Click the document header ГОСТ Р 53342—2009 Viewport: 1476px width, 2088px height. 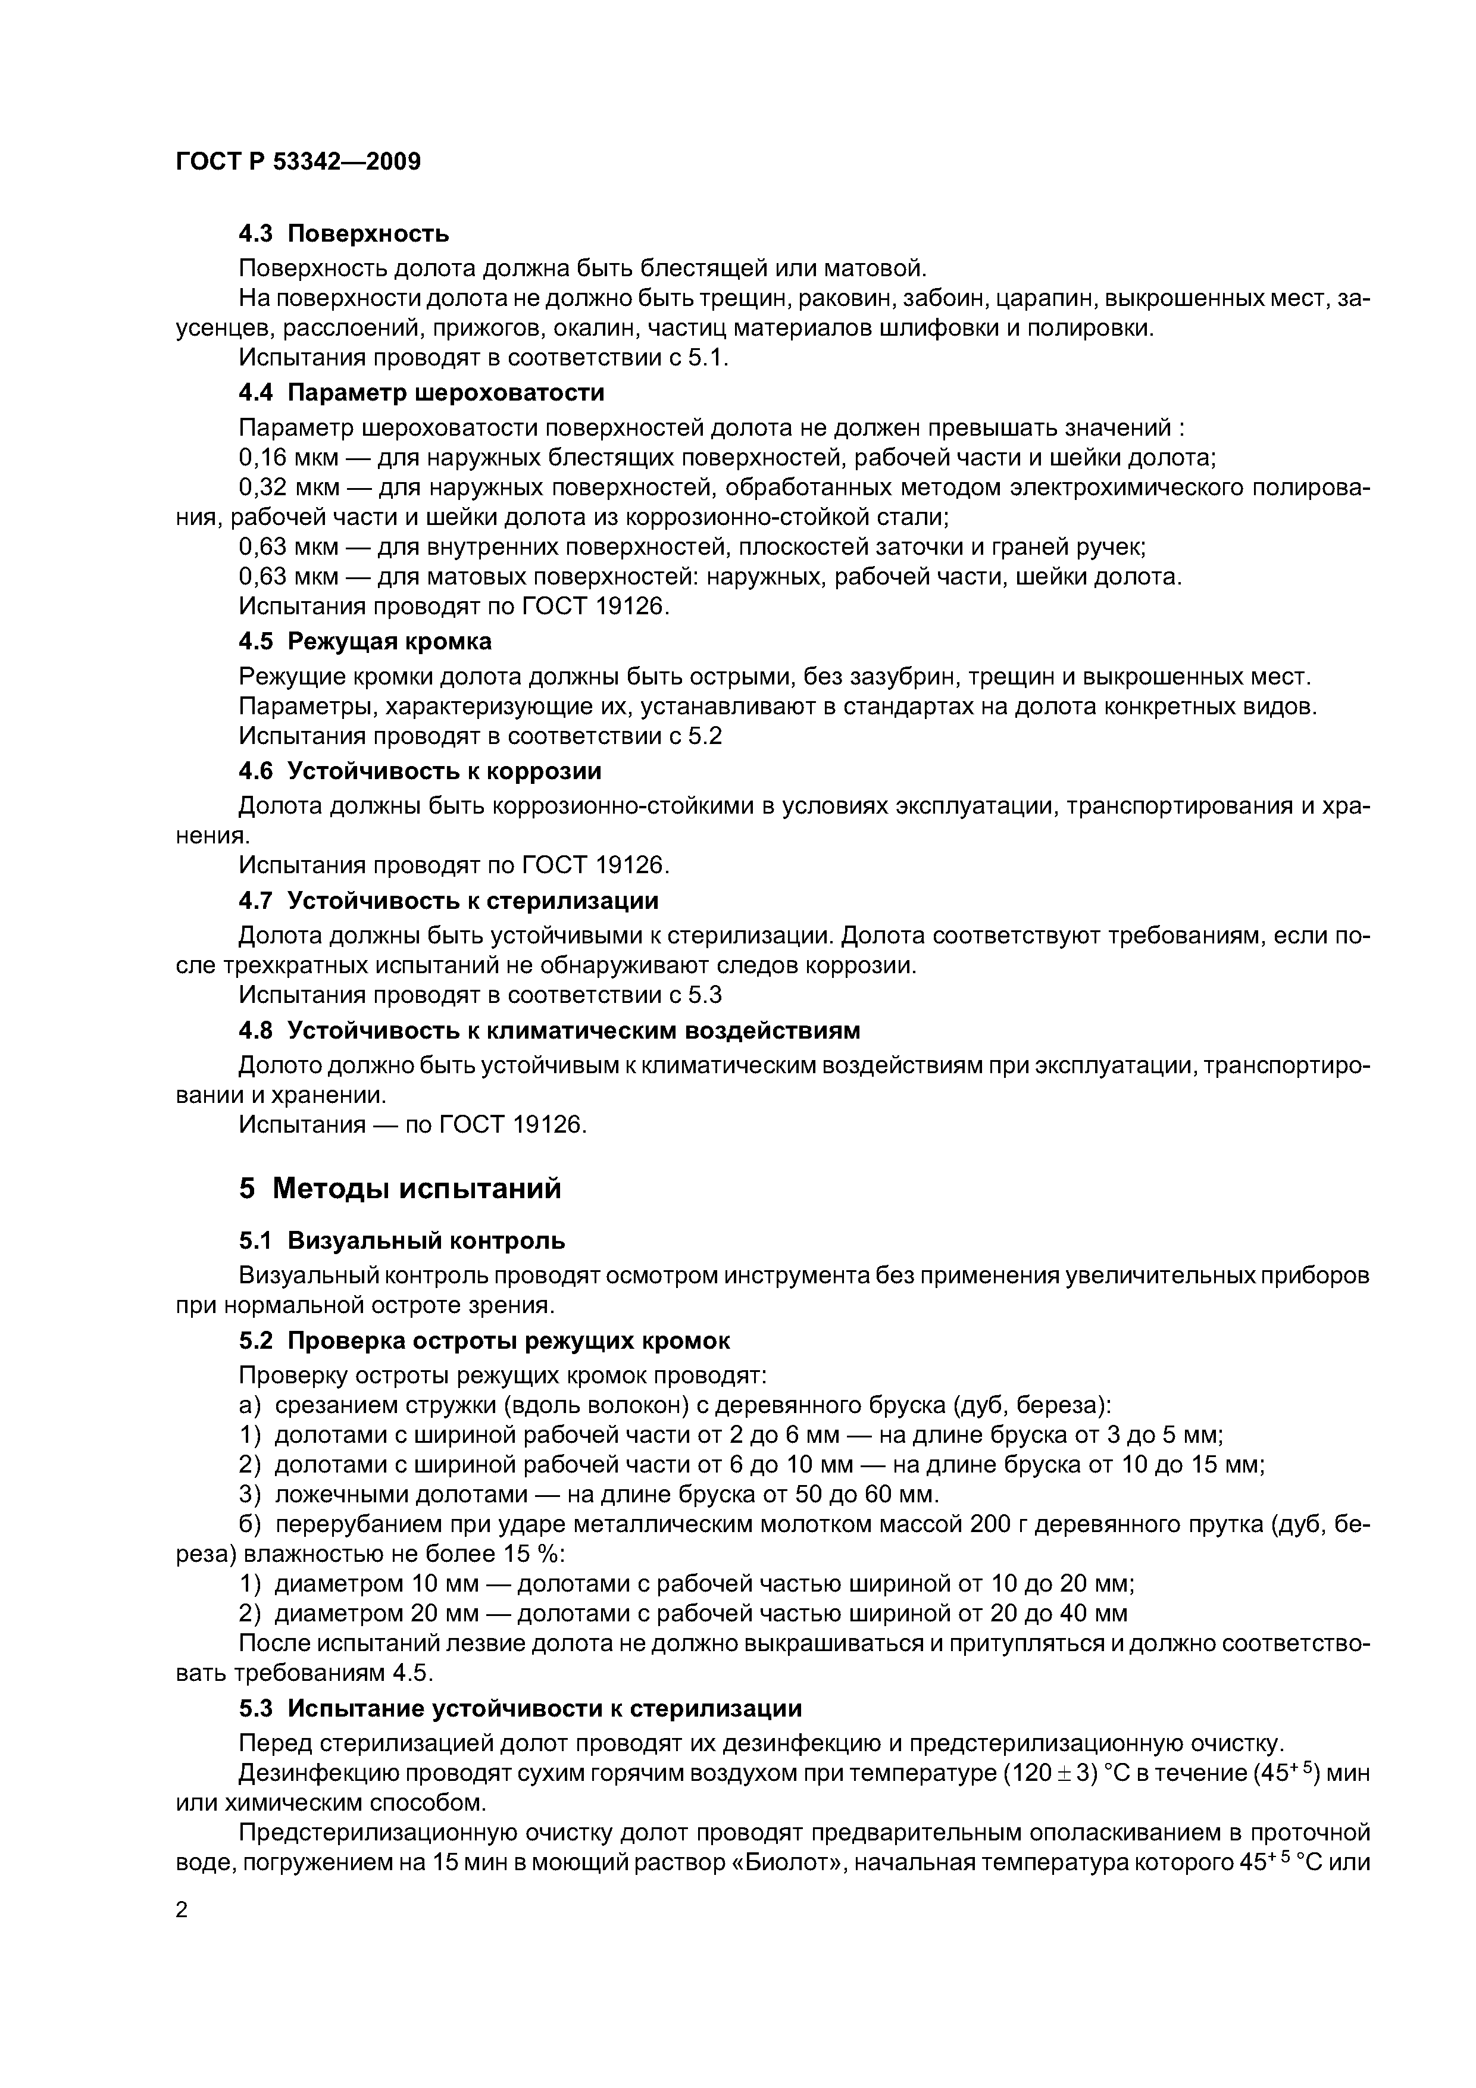coord(298,162)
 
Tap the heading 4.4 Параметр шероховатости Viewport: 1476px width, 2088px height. coord(420,392)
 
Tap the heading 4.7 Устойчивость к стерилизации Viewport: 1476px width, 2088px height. coord(448,901)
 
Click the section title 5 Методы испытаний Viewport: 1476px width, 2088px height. coord(399,1187)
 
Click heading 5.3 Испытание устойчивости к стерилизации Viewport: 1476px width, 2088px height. coord(520,1709)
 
